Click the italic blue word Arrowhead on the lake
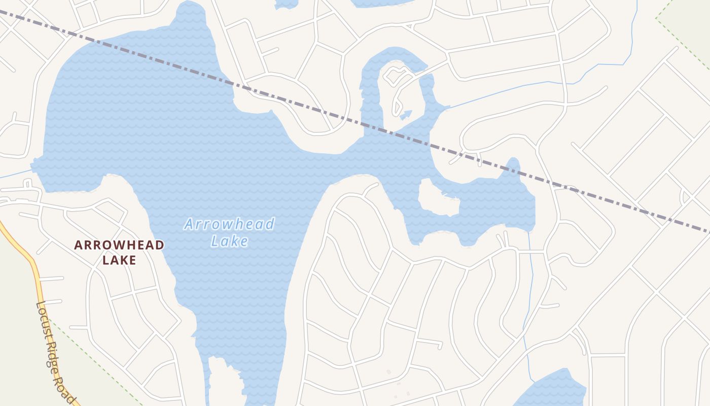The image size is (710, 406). point(229,224)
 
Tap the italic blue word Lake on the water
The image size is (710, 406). point(230,241)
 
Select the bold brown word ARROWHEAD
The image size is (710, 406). point(119,245)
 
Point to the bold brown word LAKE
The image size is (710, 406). point(119,260)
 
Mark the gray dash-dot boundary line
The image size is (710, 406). point(152,55)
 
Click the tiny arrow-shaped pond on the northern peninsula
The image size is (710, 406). point(406,115)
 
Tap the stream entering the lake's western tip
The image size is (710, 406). point(15,174)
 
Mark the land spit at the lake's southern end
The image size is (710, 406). point(223,381)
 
